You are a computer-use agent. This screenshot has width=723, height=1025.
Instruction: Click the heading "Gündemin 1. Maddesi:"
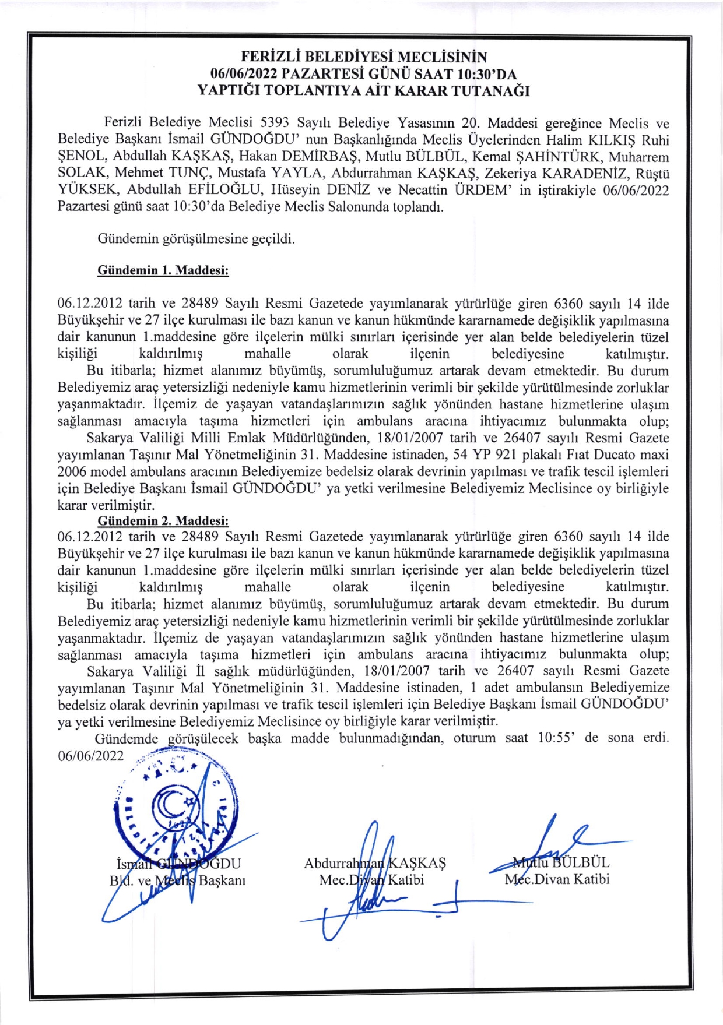coord(163,270)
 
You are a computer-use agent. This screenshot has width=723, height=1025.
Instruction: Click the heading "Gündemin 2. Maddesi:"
coord(163,520)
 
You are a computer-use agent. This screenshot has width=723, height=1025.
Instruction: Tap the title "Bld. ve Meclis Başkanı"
coord(177,880)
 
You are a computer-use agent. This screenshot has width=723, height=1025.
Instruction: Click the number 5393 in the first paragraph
coord(275,123)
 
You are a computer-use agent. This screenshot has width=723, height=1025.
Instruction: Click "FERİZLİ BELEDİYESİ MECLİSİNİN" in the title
coord(364,57)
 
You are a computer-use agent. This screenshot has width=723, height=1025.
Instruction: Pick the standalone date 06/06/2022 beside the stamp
coord(91,756)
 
